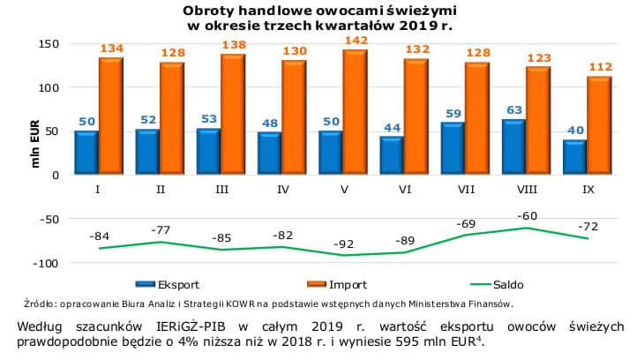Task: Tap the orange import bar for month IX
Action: point(599,126)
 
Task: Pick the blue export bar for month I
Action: point(86,154)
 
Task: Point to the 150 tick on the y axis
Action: point(49,44)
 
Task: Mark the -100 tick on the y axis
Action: point(45,263)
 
